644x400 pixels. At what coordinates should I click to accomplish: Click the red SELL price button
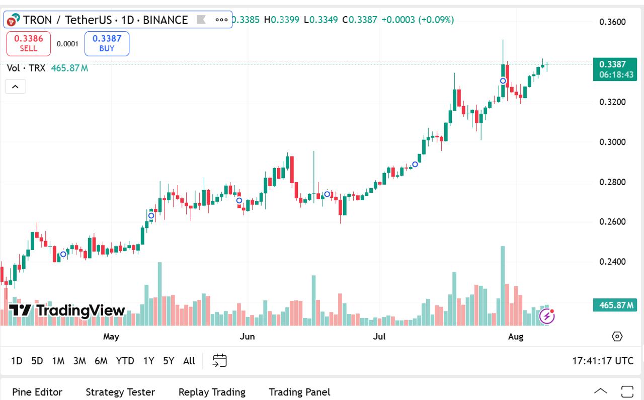28,43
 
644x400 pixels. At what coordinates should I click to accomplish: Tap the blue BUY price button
107,43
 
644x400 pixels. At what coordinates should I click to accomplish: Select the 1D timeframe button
17,361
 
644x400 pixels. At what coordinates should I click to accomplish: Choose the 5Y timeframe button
169,361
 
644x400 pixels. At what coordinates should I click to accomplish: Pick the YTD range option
125,361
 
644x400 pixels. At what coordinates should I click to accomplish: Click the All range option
189,361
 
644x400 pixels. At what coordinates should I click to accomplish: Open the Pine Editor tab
37,392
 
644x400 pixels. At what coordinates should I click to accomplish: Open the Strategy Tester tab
120,392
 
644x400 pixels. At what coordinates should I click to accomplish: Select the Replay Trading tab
212,392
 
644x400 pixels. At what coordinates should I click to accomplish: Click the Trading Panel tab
299,392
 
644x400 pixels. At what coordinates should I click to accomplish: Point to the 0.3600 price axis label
612,22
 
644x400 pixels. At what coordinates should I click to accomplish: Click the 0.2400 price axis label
612,262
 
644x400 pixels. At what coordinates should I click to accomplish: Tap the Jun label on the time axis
247,336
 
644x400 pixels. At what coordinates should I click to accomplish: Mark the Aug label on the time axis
516,336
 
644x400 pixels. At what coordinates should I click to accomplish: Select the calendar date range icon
219,360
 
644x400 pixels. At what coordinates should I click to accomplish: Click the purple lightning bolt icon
547,316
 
